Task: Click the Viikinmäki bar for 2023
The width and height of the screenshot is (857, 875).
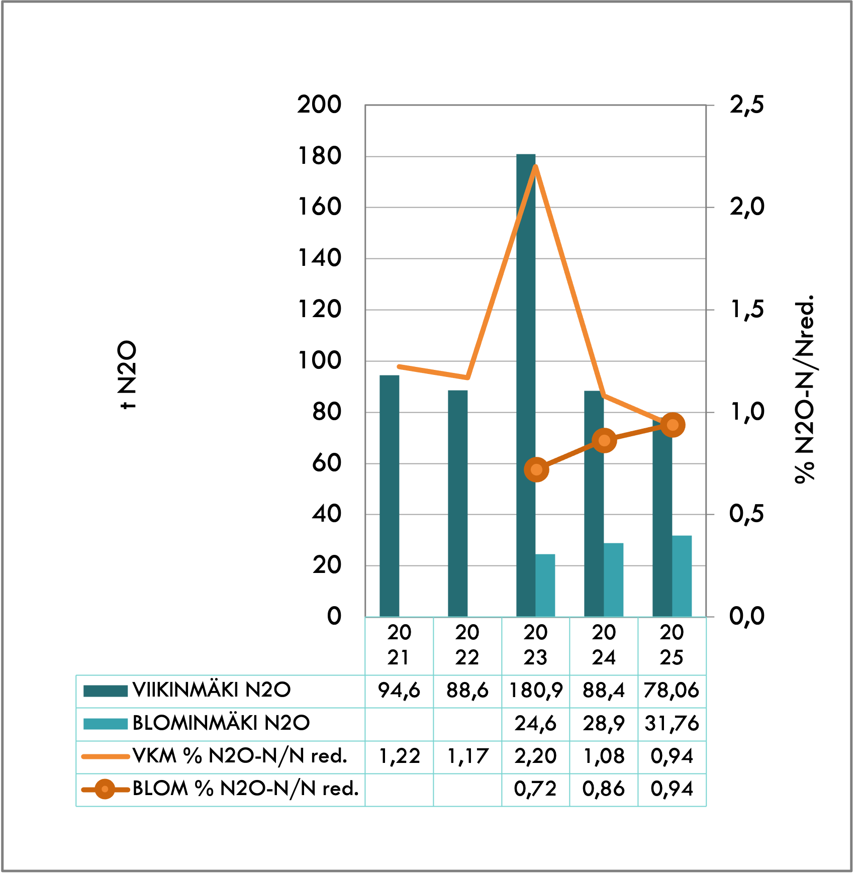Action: click(x=526, y=385)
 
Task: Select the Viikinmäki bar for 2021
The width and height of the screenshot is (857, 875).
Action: click(x=390, y=496)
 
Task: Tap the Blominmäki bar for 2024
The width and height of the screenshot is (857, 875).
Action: click(x=614, y=580)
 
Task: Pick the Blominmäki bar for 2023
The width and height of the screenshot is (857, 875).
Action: click(x=545, y=586)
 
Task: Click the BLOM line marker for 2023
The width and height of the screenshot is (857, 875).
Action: click(x=536, y=470)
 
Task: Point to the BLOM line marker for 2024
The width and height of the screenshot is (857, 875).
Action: click(x=604, y=441)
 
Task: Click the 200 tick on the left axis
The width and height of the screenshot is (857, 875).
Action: click(x=319, y=105)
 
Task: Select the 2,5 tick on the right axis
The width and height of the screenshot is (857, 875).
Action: click(x=747, y=105)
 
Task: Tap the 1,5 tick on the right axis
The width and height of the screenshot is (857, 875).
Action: click(x=747, y=310)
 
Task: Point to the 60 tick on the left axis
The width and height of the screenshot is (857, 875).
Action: click(x=327, y=463)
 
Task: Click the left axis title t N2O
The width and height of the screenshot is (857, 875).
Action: click(x=127, y=375)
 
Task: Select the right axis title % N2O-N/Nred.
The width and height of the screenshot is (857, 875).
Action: click(x=805, y=390)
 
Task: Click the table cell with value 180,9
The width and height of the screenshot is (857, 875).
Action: click(x=536, y=691)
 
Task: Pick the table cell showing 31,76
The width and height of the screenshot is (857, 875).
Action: click(x=672, y=724)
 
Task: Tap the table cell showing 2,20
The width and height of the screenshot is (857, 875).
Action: click(x=536, y=756)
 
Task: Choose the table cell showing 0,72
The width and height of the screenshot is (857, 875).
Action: click(x=536, y=789)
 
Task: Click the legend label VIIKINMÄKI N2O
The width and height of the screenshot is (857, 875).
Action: click(x=212, y=690)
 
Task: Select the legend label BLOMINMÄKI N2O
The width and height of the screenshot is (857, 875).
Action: click(x=221, y=723)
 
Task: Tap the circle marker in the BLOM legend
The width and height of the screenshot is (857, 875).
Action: click(x=105, y=789)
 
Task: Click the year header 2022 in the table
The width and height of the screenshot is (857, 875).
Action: click(x=467, y=645)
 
